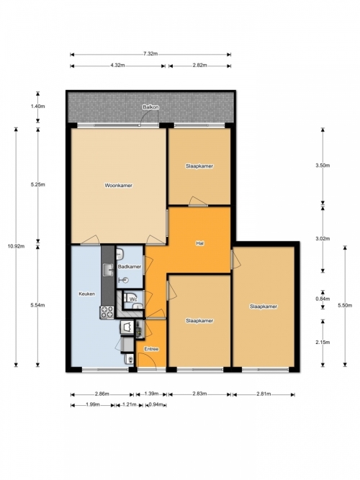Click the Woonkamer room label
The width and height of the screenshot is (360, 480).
pos(119,185)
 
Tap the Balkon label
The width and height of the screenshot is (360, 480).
pos(150,107)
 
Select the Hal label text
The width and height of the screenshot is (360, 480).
pos(199,243)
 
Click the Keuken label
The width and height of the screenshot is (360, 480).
pos(86,294)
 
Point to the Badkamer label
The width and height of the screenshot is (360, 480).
pos(130,267)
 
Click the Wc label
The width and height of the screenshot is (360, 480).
pos(133,299)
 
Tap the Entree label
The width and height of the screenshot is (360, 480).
pos(151,349)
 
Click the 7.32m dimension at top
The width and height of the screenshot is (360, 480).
pos(150,54)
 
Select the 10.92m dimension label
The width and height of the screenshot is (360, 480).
pos(17,246)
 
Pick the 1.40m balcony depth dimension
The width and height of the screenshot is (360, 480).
pos(37,107)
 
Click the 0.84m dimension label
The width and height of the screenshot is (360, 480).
pos(323,299)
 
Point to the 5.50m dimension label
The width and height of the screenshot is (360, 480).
pos(345,305)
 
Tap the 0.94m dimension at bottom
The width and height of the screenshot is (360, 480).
pos(156,404)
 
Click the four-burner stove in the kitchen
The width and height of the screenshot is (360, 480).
pos(107,312)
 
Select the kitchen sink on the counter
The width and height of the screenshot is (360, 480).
pos(108,269)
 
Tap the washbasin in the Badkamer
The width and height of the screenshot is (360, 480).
pos(120,254)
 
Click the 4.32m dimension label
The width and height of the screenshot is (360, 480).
pos(117,65)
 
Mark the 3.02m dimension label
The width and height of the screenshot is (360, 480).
pos(323,239)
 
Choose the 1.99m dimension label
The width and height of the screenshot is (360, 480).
pos(93,404)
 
